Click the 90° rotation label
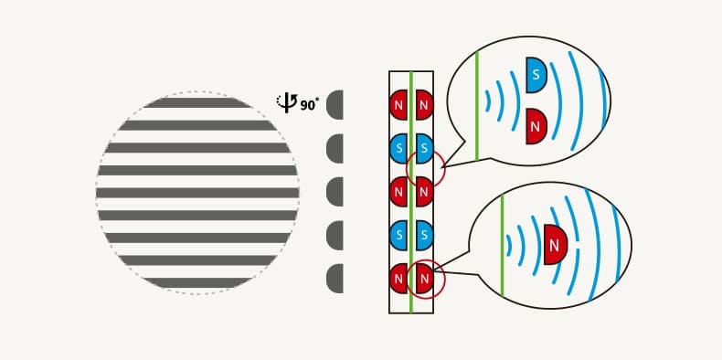(310, 105)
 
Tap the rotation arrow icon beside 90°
(287, 103)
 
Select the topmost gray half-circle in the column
(334, 105)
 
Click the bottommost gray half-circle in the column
(334, 279)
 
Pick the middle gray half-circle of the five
(334, 192)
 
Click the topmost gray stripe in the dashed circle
(197, 102)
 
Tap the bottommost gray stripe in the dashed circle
(197, 282)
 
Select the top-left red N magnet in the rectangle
(398, 105)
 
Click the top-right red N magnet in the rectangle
(425, 105)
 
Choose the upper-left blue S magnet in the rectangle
(398, 148)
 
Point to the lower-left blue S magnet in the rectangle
(398, 235)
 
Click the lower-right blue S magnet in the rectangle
(425, 235)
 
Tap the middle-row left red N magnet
(398, 192)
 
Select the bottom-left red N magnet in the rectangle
(398, 279)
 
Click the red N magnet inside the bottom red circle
(425, 279)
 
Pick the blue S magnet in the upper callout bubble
(536, 75)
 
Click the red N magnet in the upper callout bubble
(536, 126)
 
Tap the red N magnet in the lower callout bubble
(556, 245)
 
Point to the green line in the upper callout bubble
(477, 105)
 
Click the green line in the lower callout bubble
(502, 246)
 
